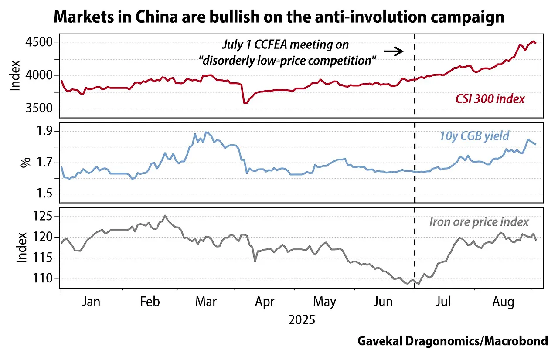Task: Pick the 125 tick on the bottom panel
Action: point(42,217)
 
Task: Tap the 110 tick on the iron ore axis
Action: point(42,278)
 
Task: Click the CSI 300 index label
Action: point(490,99)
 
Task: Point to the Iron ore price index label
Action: point(479,221)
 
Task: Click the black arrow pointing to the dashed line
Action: point(395,51)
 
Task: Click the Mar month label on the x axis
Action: point(206,302)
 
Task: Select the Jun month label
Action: point(384,302)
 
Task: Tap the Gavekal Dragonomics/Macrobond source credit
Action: point(453,341)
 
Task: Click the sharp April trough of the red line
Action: point(245,103)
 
